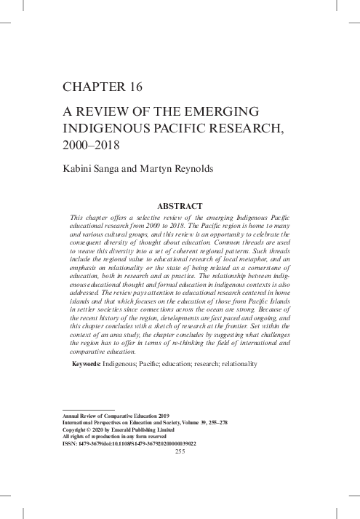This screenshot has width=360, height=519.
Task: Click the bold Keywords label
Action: [x=86, y=363]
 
